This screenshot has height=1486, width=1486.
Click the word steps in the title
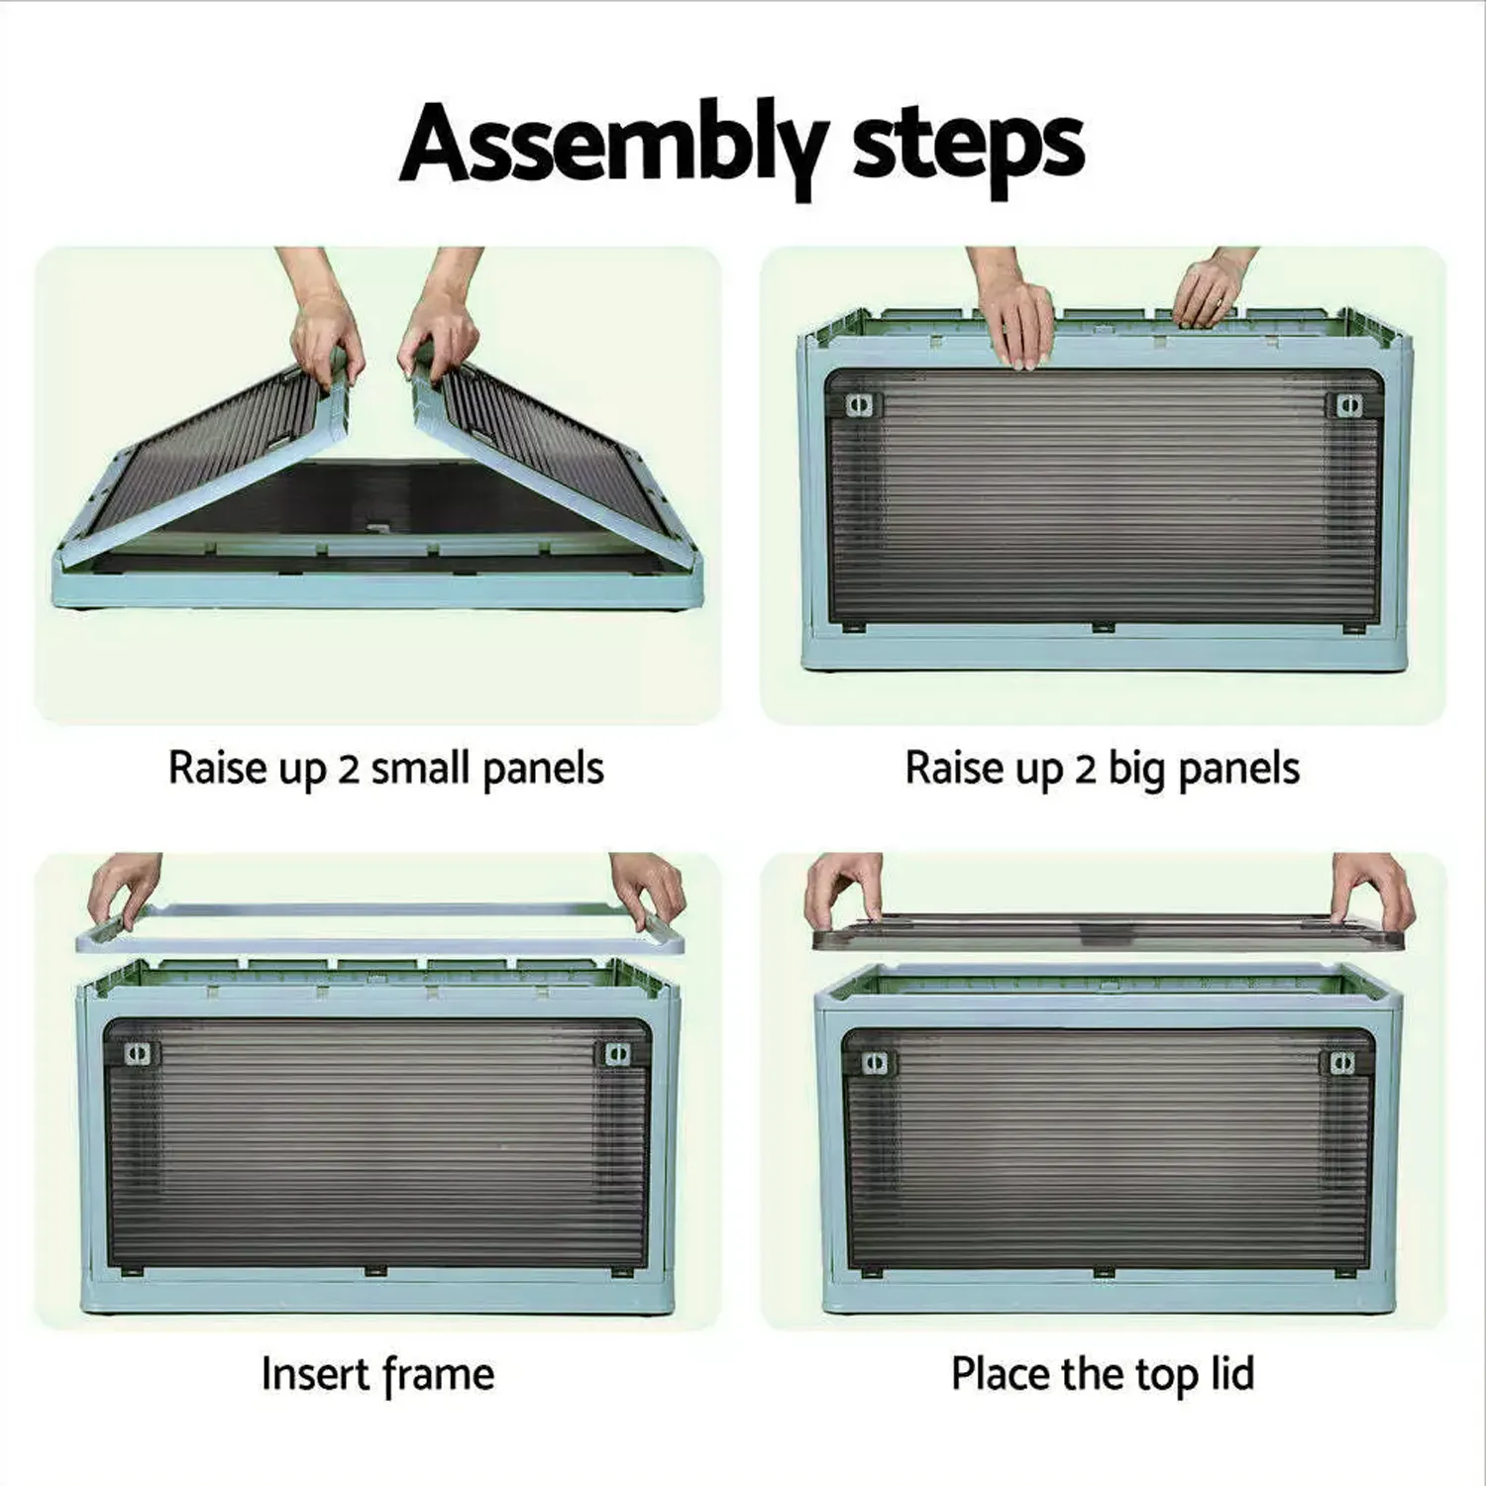pos(967,146)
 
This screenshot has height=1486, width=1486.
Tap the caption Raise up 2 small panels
pos(385,769)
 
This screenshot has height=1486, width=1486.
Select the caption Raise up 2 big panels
pos(1102,769)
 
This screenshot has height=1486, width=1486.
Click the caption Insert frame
pos(377,1375)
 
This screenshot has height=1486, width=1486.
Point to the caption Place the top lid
pos(1102,1375)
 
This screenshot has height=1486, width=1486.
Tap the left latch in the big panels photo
pos(862,405)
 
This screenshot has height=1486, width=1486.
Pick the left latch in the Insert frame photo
pos(142,1053)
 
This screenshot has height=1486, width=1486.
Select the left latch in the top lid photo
pos(874,1063)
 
